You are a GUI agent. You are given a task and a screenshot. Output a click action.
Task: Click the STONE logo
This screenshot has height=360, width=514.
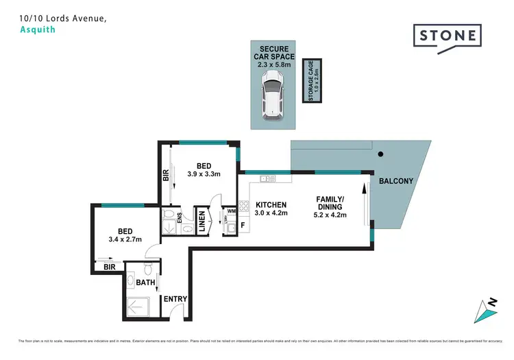point(447,34)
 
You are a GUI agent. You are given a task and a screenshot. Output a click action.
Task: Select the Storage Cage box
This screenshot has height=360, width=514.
point(312,81)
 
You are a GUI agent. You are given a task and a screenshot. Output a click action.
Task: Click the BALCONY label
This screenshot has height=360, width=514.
point(396,180)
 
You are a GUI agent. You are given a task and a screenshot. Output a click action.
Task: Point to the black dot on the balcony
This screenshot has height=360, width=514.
point(383,154)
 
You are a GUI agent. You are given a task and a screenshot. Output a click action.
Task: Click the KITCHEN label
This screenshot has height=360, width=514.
point(271,204)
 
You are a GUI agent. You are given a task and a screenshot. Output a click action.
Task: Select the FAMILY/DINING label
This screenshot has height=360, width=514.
point(331,203)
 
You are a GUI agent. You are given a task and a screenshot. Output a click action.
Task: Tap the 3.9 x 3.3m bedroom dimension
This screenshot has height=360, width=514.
point(204,175)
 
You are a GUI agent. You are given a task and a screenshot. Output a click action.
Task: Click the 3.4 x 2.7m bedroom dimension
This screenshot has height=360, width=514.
point(125,240)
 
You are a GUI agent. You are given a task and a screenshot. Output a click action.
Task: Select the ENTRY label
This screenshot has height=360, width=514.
point(175,299)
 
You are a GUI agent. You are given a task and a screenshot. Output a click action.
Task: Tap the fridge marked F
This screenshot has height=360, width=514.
point(242,224)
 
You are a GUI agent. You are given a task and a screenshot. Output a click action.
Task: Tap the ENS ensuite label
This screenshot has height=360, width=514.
point(180,218)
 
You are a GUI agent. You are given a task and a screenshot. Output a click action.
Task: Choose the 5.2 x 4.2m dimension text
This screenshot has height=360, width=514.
point(331,215)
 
